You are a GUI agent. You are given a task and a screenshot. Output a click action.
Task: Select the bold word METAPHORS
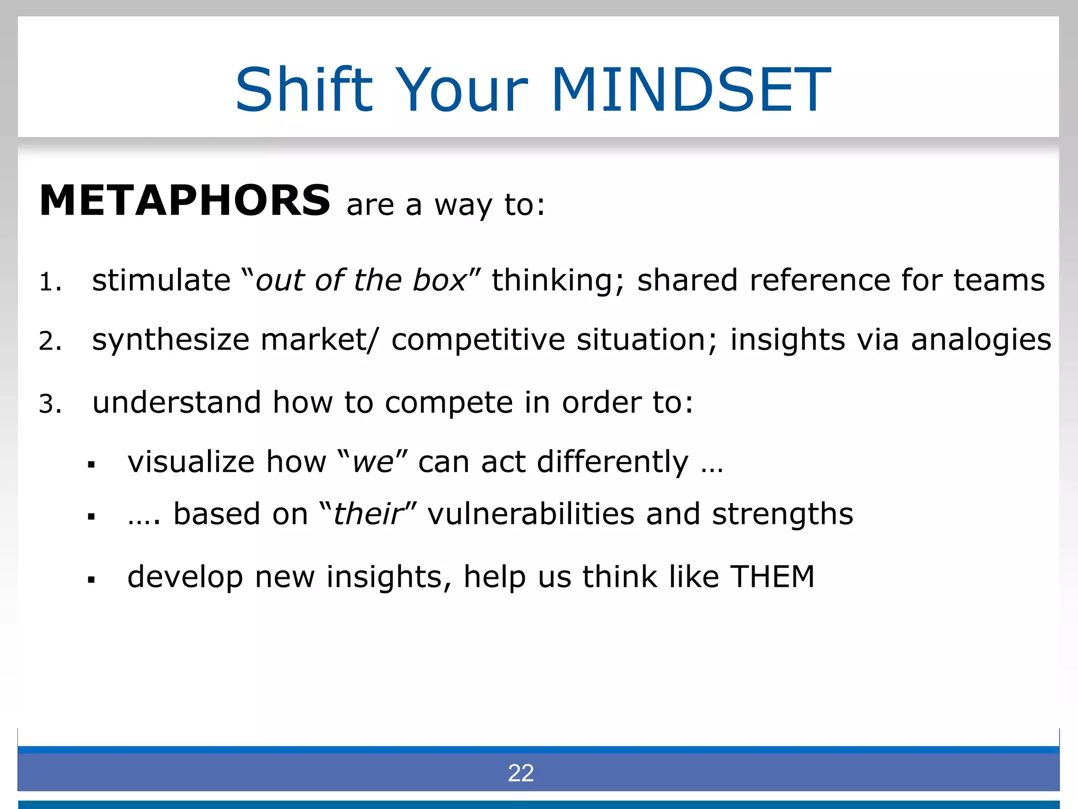185,201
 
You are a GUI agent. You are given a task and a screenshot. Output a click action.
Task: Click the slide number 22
521,773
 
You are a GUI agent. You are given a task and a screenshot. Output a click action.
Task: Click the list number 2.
50,341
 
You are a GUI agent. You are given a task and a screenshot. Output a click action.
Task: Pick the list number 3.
50,404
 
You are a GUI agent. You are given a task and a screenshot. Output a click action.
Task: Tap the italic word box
439,280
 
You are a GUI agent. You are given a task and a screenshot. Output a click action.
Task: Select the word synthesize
170,340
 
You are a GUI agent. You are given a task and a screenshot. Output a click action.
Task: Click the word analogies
981,340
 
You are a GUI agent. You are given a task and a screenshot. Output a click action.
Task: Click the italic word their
368,514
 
